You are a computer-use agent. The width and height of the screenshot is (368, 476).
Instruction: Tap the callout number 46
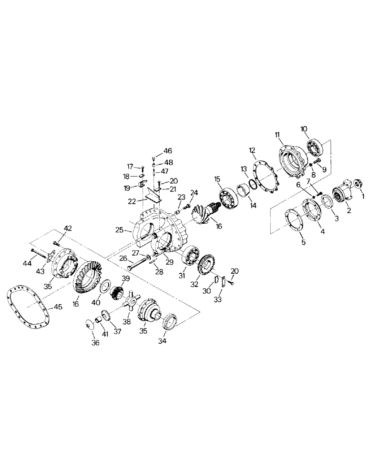click(168, 150)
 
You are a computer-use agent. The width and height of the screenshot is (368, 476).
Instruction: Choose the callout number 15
click(217, 179)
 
